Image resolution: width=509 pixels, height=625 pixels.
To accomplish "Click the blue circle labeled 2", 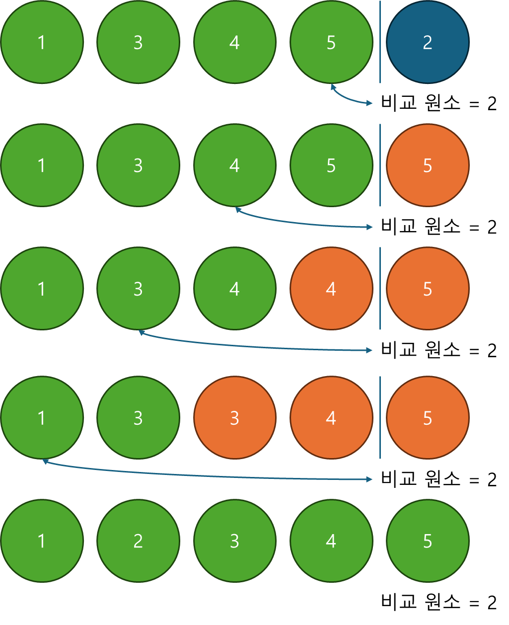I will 428,42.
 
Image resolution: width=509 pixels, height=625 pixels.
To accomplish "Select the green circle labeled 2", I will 138,541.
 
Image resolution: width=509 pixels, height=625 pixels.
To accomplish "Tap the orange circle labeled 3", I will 234,417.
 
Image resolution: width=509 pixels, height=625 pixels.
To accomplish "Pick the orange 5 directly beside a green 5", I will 428,165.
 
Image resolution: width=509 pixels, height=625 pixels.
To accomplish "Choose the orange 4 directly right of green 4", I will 331,288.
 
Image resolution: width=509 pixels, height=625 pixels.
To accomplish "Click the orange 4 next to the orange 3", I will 331,417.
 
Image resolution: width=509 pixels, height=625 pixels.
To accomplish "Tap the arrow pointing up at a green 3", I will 248,344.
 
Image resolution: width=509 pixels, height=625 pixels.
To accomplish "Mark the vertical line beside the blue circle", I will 380,42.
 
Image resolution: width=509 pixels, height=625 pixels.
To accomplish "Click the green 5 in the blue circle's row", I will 331,42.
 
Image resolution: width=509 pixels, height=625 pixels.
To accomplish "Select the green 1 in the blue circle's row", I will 42,42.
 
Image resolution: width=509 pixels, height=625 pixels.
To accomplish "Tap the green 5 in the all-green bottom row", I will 428,541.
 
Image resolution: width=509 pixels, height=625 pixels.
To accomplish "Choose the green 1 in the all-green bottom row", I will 42,541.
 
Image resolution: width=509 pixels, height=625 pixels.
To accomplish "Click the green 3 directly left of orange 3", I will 138,417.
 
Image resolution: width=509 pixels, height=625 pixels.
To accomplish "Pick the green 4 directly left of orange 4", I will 234,288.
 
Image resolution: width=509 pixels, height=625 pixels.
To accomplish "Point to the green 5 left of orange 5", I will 331,165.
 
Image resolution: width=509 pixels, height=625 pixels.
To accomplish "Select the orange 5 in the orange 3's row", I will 428,417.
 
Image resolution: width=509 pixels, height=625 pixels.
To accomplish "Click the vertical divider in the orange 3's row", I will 380,417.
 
